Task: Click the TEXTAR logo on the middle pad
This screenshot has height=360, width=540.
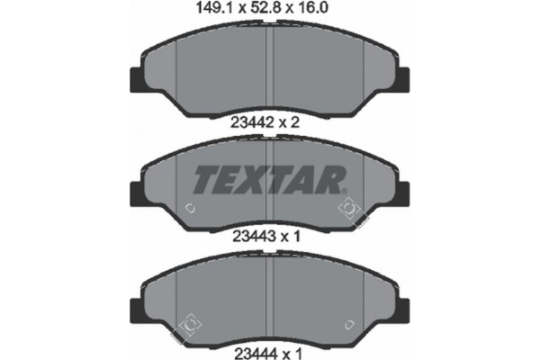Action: [268, 180]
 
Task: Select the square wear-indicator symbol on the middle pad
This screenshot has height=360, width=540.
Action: [350, 210]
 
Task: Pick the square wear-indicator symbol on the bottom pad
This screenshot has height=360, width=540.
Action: [190, 321]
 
